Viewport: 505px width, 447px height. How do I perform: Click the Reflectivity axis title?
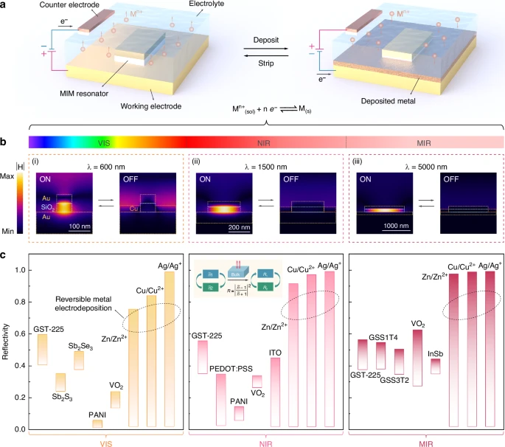(8, 341)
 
